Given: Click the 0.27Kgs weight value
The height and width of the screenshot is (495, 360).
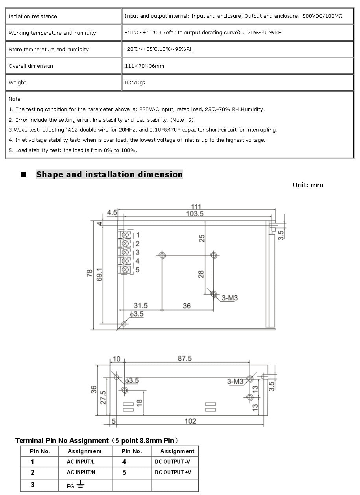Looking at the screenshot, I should (135, 83).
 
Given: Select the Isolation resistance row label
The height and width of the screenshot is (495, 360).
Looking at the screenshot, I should (33, 17).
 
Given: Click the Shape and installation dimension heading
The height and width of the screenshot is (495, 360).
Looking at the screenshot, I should (109, 174).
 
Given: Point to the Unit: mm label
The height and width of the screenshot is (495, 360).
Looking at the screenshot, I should (308, 185).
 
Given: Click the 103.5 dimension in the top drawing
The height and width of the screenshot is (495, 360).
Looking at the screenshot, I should (195, 214).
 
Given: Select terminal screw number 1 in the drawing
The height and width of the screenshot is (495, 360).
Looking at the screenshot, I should (126, 235).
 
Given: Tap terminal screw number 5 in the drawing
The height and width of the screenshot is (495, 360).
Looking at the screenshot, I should (126, 270).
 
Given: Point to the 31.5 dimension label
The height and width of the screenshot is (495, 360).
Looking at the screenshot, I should (140, 306).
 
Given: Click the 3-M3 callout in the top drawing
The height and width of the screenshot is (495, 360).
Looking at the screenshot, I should (230, 298).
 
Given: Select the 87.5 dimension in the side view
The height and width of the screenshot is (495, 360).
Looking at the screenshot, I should (185, 359).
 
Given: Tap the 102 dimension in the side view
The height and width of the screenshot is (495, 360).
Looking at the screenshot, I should (190, 421).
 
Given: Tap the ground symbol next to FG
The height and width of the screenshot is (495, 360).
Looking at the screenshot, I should (81, 484).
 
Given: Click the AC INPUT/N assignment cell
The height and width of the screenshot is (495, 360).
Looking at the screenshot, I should (81, 472).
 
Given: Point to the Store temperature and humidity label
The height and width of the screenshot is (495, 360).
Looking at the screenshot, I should (49, 50).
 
